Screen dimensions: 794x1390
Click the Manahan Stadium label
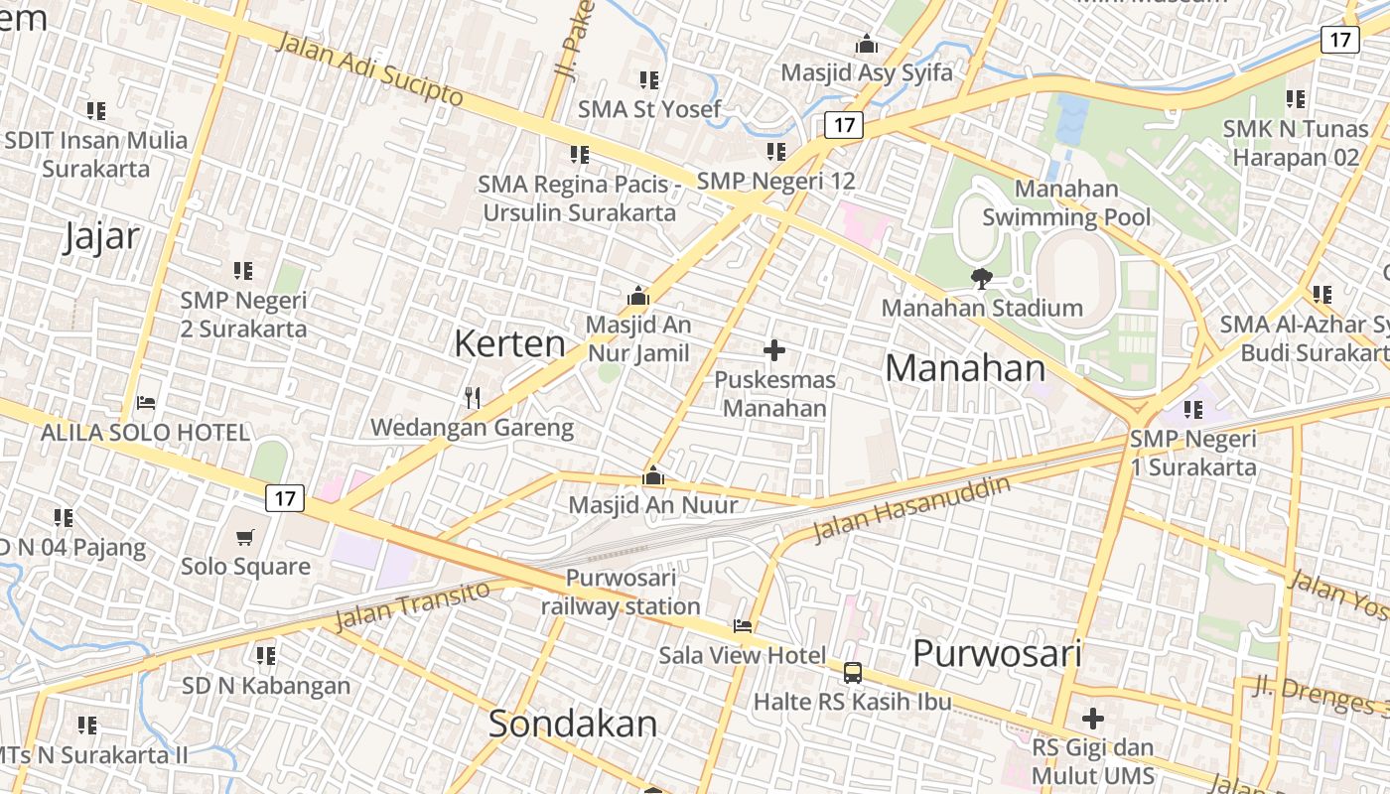tap(981, 308)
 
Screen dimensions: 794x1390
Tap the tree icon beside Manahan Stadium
tap(982, 278)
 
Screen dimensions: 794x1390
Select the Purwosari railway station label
tap(621, 592)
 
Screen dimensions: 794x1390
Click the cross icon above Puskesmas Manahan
tap(774, 349)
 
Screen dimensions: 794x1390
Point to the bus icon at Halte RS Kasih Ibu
tap(852, 673)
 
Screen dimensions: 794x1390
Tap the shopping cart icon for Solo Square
tap(245, 537)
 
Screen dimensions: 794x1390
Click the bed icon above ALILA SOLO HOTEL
tap(146, 403)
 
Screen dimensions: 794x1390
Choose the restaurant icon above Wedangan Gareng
tap(473, 398)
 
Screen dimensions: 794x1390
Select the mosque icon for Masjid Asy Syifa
tap(867, 45)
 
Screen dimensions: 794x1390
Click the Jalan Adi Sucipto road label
tap(368, 68)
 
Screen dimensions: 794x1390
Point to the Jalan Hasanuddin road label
tap(910, 508)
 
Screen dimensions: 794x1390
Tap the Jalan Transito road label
tap(412, 604)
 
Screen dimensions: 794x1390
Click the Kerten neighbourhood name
tap(509, 343)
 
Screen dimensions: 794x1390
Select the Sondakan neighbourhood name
tap(573, 724)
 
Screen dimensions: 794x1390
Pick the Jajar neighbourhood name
tap(101, 237)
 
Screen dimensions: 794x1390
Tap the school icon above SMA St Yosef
tap(649, 79)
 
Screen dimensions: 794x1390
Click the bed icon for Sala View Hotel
tap(743, 625)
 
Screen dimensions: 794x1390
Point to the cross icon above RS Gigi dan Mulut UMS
tap(1093, 718)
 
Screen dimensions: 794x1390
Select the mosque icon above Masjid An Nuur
tap(653, 476)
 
